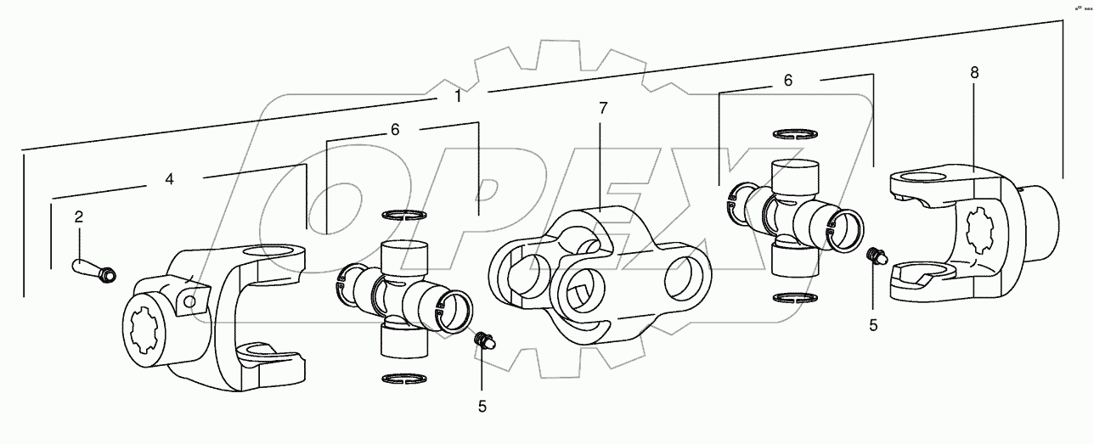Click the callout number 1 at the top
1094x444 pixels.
458,97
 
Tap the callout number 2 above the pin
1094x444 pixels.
78,216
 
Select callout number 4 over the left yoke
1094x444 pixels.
169,179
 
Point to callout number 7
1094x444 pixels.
602,108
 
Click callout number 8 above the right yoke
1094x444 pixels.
973,73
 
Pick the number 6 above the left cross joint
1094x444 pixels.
395,130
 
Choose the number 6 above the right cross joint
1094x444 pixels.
787,80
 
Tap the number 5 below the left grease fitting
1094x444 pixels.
482,406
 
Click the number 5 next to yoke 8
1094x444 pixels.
872,323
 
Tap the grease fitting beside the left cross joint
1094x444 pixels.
483,341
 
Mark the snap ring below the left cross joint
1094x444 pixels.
403,378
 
